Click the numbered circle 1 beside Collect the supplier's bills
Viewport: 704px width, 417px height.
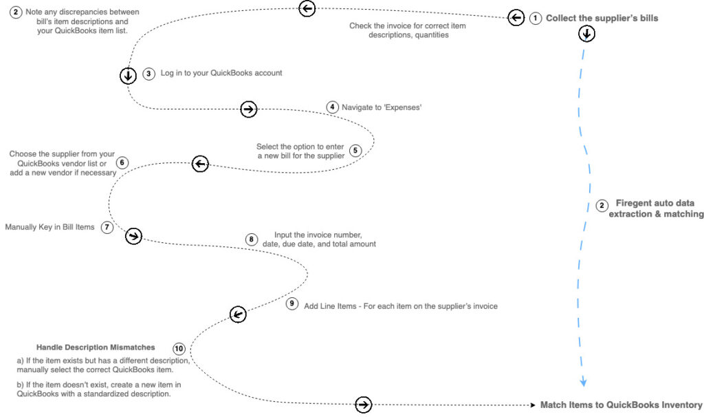(x=535, y=19)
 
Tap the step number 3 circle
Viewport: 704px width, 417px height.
(x=148, y=74)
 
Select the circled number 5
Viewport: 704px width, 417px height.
(x=355, y=150)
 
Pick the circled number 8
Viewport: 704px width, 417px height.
(x=252, y=239)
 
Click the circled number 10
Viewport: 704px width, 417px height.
(x=179, y=349)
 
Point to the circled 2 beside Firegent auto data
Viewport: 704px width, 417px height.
(x=602, y=206)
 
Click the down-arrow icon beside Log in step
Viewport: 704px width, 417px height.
(x=128, y=75)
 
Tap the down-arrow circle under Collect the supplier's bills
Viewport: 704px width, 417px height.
(x=586, y=34)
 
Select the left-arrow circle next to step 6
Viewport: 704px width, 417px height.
(x=200, y=164)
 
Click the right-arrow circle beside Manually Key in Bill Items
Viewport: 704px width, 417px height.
(x=133, y=236)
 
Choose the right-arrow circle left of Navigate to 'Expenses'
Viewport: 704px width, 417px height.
(x=249, y=109)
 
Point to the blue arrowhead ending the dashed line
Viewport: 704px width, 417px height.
(x=583, y=383)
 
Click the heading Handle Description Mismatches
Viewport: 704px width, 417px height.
(x=96, y=347)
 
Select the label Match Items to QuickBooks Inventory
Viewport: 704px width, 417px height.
(x=621, y=405)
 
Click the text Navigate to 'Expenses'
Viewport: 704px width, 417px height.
(x=382, y=107)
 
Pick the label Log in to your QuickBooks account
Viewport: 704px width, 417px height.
(x=221, y=73)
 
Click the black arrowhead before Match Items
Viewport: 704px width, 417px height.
(x=533, y=405)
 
